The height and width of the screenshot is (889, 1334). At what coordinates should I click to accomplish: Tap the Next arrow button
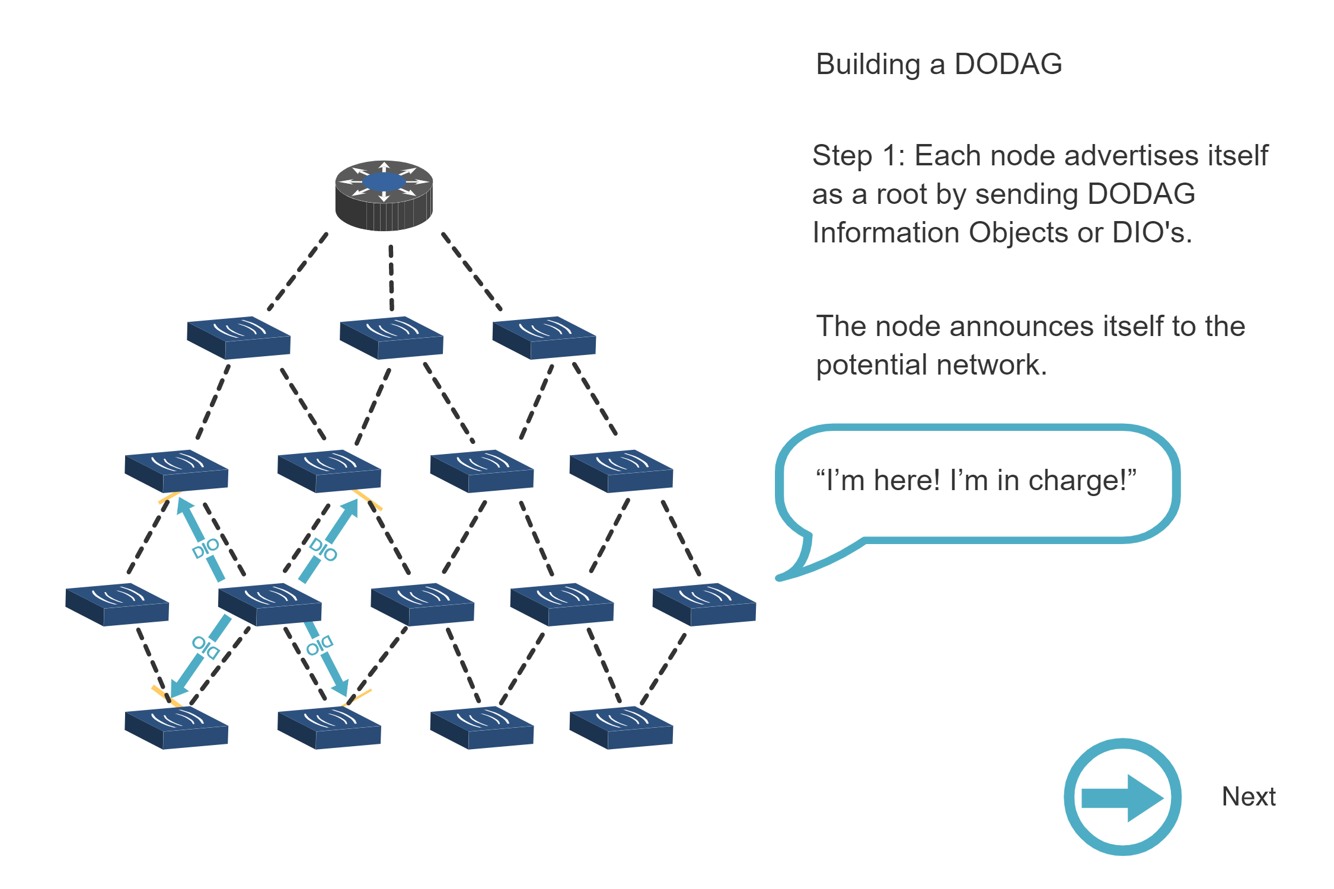pyautogui.click(x=1122, y=797)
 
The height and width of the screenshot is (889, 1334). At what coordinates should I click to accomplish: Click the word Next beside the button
pyautogui.click(x=1248, y=797)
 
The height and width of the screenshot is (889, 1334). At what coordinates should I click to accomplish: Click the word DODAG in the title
pyautogui.click(x=1008, y=64)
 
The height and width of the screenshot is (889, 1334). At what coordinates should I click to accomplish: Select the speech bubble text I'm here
pyautogui.click(x=877, y=480)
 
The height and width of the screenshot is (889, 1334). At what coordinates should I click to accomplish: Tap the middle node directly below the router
pyautogui.click(x=391, y=338)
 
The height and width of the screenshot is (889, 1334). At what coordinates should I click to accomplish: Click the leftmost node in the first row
pyautogui.click(x=238, y=338)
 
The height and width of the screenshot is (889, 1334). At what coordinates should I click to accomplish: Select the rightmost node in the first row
pyautogui.click(x=544, y=338)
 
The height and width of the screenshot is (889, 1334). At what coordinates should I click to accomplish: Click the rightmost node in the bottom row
pyautogui.click(x=621, y=728)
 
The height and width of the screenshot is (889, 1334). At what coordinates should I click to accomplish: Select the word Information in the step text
pyautogui.click(x=885, y=232)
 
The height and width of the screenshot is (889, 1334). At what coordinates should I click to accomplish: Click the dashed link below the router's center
pyautogui.click(x=391, y=279)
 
